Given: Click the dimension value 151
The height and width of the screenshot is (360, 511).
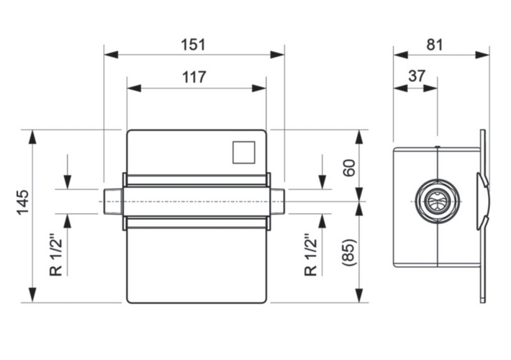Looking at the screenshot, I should (x=194, y=44).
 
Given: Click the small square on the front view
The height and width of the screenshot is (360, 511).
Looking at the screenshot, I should (x=245, y=152).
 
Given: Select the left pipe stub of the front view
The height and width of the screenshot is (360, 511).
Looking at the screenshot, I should (x=112, y=202).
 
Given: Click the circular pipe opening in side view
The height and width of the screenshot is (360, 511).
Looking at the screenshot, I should (x=437, y=202).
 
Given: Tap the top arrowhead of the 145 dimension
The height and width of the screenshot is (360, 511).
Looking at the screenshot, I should (x=32, y=137).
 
